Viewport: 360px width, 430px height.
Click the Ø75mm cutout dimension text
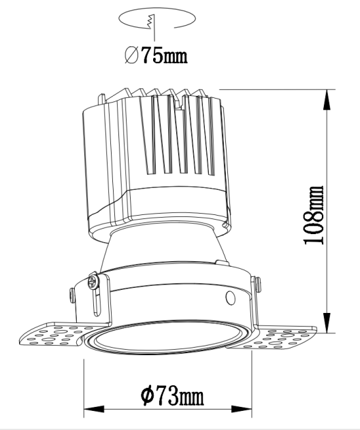click(x=156, y=54)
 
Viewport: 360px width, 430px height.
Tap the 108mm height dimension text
click(x=314, y=215)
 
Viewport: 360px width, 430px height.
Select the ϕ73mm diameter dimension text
click(x=172, y=396)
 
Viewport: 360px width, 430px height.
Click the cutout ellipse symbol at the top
click(x=157, y=18)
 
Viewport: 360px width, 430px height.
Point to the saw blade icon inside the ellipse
click(x=151, y=22)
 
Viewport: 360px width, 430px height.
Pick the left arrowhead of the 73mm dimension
click(x=94, y=409)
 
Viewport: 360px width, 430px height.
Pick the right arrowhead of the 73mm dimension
click(x=242, y=409)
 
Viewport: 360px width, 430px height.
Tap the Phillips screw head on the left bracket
click(x=94, y=281)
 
